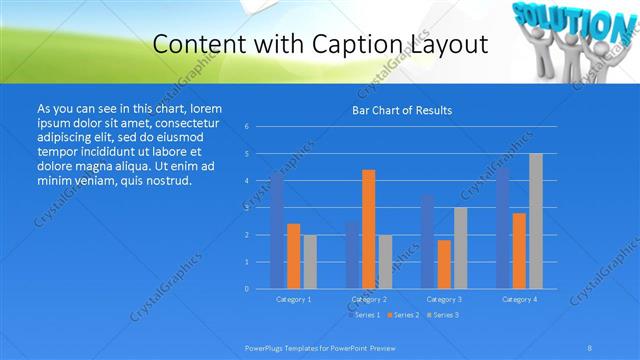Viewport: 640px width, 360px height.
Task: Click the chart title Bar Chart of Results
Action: [401, 110]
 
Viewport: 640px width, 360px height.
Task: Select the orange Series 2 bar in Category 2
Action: [368, 229]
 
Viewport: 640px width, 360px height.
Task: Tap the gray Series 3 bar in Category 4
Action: [535, 221]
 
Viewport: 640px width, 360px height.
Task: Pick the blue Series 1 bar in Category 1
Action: [277, 230]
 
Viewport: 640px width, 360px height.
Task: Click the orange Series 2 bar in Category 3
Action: [443, 264]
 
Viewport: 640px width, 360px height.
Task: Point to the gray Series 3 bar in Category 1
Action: [310, 262]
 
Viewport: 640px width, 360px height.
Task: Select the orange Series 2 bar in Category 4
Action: [519, 250]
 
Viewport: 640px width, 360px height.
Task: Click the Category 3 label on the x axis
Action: [444, 299]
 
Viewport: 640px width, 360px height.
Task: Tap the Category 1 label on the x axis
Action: [294, 299]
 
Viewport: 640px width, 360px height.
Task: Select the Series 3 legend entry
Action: [444, 315]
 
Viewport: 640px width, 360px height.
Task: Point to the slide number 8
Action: [590, 347]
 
